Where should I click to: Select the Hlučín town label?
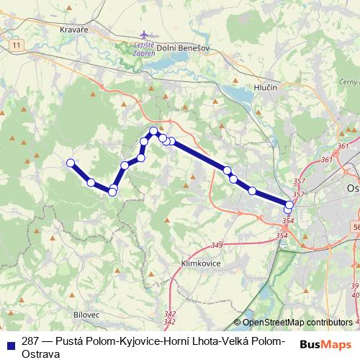click(x=266, y=87)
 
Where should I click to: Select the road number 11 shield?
click(x=16, y=45)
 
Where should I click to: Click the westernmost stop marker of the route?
click(x=71, y=163)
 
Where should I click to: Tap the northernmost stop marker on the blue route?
click(x=153, y=130)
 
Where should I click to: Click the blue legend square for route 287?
click(x=9, y=345)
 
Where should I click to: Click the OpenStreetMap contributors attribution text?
click(x=297, y=323)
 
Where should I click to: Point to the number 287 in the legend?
click(x=30, y=341)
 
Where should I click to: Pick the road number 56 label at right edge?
click(x=356, y=227)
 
